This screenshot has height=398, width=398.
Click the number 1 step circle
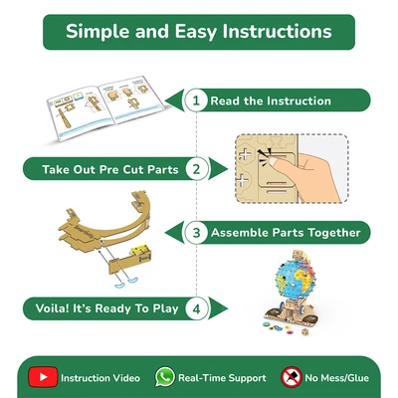point(196,100)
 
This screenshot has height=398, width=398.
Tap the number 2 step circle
point(197,169)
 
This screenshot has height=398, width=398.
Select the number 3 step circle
point(196,232)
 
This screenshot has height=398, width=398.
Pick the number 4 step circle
point(197,308)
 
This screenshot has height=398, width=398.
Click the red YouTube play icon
point(43,377)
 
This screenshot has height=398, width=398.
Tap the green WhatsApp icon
point(165,377)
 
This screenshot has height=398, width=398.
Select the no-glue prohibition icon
point(292,377)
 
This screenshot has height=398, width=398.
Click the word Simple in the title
point(99,32)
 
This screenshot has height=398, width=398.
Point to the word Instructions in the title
point(278,32)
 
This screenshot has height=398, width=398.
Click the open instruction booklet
point(106,107)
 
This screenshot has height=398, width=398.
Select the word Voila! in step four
point(52,308)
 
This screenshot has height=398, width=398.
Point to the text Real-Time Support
point(222,378)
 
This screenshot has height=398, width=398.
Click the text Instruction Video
point(100,378)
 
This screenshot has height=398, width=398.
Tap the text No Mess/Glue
point(336,378)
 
